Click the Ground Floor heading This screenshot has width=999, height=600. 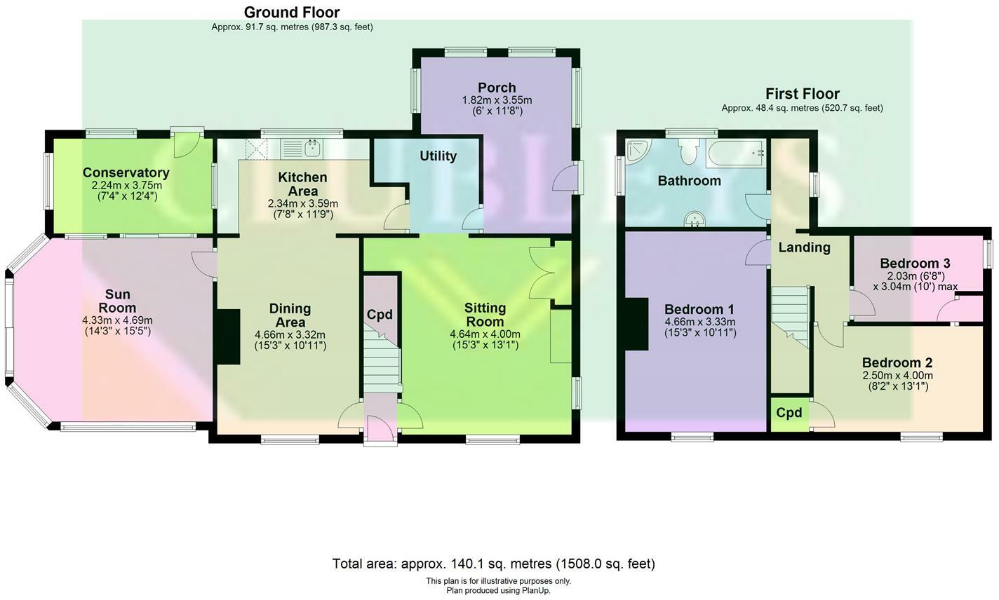[291, 13]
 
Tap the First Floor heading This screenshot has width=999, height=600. [802, 94]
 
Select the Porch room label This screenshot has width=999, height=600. [497, 88]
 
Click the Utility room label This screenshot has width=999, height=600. [438, 156]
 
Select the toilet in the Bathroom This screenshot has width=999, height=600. [688, 149]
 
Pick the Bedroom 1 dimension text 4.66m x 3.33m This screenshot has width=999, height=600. [700, 322]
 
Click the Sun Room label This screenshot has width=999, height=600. [117, 301]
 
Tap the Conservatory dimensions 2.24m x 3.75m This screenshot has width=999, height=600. [126, 186]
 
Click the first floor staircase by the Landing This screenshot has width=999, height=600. [791, 316]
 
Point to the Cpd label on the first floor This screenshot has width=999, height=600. [789, 413]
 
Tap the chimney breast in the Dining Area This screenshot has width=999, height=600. [229, 337]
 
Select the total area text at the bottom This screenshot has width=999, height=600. [493, 564]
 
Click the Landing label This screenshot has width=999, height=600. [804, 247]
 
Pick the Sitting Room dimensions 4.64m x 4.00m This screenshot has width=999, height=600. [485, 335]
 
